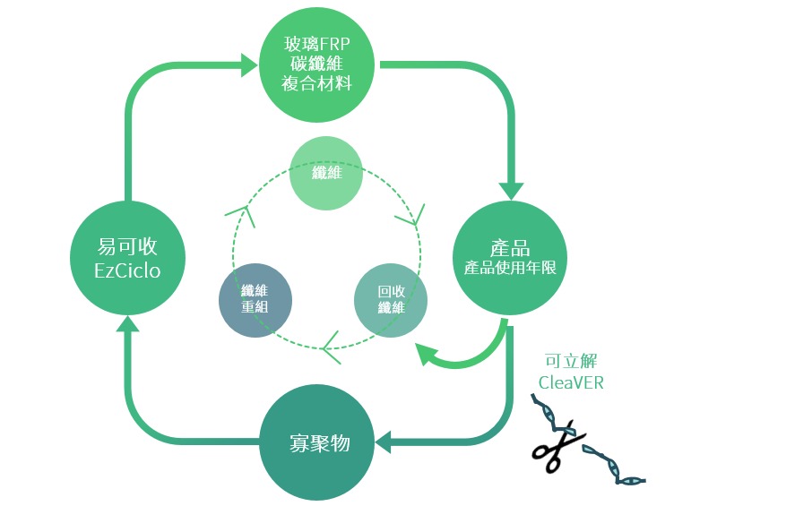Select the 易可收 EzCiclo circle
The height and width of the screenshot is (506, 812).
pos(127,258)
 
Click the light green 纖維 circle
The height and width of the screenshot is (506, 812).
pos(326,173)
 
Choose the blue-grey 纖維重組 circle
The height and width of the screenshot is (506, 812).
pos(255,300)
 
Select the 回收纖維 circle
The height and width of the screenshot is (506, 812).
pos(391,300)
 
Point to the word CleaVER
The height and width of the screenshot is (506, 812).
pos(571,382)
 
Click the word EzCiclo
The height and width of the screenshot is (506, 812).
pos(127,270)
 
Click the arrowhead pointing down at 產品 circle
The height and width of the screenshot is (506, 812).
pos(511,190)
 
